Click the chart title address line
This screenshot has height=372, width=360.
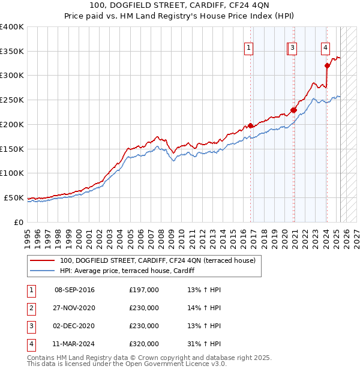tap(180, 5)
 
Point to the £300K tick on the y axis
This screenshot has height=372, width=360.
tap(12, 76)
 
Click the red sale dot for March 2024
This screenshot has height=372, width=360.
tap(327, 66)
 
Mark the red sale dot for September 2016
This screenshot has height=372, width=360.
tap(250, 126)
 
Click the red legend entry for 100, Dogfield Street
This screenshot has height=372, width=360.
tap(157, 260)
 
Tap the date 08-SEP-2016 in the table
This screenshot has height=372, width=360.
tap(74, 290)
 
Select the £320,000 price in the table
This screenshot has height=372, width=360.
tap(144, 344)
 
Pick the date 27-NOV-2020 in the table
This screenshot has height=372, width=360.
tap(74, 308)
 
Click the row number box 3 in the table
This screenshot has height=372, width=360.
tap(30, 326)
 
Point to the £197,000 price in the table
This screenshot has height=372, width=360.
tap(144, 290)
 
